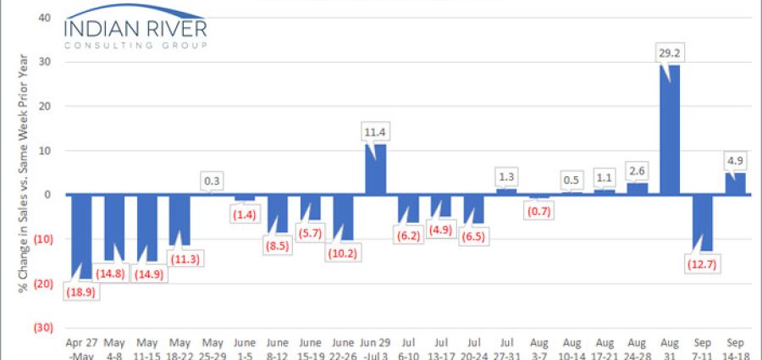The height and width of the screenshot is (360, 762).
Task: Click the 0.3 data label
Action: (x=213, y=180)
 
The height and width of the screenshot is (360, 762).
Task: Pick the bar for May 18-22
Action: (x=180, y=219)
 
